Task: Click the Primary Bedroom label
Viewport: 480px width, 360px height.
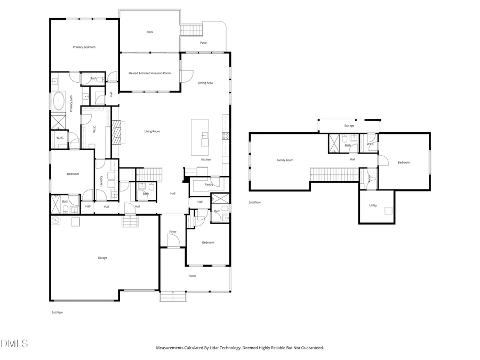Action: click(84, 47)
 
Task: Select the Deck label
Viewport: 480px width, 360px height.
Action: click(150, 32)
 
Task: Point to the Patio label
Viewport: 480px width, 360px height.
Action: click(203, 43)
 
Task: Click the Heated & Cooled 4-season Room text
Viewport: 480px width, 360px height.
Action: click(149, 73)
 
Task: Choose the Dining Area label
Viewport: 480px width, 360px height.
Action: click(205, 83)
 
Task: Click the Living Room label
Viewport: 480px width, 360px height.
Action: click(152, 131)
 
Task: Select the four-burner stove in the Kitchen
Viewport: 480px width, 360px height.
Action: click(226, 136)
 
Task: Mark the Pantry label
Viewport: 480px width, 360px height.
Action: click(209, 185)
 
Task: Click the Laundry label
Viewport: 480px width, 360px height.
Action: click(100, 181)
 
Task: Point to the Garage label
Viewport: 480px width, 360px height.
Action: click(102, 258)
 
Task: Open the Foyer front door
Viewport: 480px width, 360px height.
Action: click(173, 242)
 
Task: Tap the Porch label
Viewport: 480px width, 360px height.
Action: click(192, 276)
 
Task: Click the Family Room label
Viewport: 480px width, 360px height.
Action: click(285, 160)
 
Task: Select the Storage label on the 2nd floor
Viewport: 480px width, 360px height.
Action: click(349, 126)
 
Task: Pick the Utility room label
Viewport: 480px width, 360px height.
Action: click(373, 205)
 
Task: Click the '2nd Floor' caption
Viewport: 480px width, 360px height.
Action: click(254, 203)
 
